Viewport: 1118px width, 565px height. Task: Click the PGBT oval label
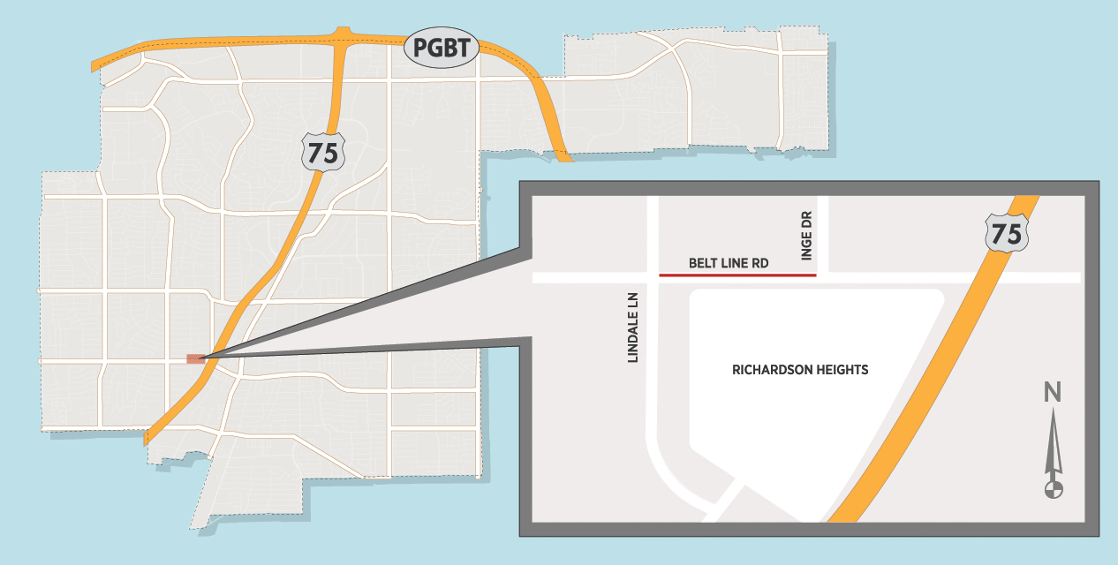coord(441,48)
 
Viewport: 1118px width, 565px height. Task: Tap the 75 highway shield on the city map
coord(323,153)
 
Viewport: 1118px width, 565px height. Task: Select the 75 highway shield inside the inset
coord(1006,234)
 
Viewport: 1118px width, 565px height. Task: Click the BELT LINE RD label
coord(729,263)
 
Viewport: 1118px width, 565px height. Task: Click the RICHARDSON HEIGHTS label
coord(800,370)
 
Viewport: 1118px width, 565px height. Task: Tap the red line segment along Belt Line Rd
coord(737,275)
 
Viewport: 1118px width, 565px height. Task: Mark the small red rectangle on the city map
coord(196,359)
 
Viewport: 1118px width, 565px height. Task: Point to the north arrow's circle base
coord(1053,487)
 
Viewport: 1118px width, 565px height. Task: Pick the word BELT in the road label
coord(703,263)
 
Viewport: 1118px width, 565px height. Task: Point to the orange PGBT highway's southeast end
coord(563,156)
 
